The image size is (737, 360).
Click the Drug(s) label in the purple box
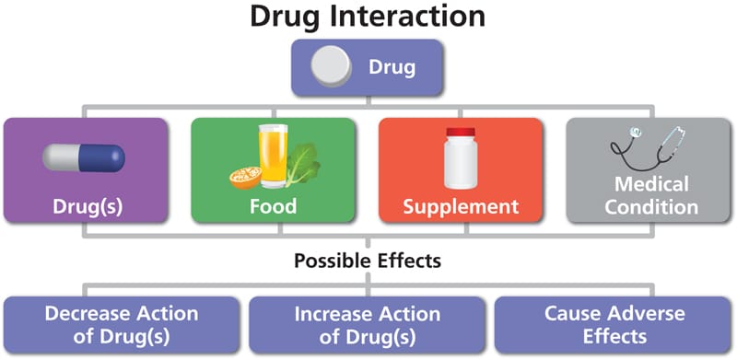coord(87,204)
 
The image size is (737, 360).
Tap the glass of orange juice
coord(275,157)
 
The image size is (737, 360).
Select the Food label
coord(274,205)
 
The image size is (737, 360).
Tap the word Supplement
coord(460,205)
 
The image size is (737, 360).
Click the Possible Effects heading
coord(368,261)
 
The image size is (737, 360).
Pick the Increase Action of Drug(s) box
coord(368,323)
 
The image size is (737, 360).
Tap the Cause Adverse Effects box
coord(614,323)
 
